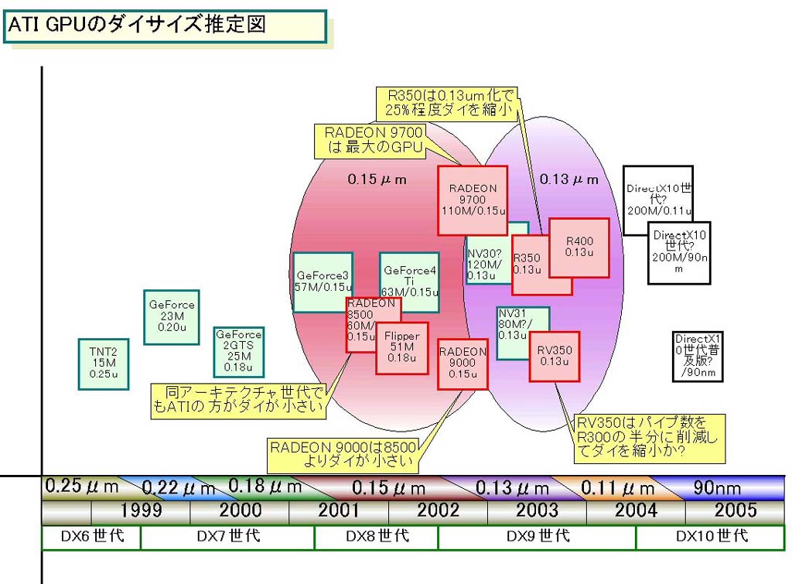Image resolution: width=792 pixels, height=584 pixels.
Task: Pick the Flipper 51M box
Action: pos(401,347)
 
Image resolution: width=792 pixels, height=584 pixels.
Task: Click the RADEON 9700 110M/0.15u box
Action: pos(472,200)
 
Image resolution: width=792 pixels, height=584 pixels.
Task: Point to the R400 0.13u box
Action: pos(579,247)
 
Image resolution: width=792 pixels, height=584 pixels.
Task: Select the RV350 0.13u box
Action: pos(555,356)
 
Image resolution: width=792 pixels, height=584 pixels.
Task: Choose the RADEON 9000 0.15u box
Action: pos(463,363)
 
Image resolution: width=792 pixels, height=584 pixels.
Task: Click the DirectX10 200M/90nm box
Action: pos(679,252)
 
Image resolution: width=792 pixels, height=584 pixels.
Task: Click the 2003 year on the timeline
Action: pos(537,511)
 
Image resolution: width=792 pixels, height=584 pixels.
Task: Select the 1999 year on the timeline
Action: pos(141,511)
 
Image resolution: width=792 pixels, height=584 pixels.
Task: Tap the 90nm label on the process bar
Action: pos(715,487)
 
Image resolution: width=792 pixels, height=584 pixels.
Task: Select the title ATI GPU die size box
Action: pos(165,26)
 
